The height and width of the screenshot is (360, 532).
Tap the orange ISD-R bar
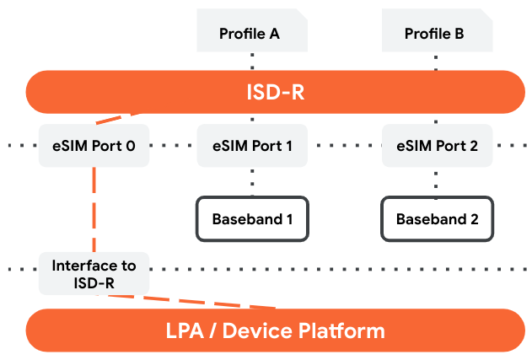tap(275, 92)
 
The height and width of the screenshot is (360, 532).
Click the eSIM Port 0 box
tap(94, 146)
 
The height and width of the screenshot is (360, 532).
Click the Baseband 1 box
tap(252, 218)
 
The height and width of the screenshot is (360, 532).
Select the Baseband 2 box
tap(437, 218)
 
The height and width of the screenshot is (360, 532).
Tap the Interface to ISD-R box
tap(94, 273)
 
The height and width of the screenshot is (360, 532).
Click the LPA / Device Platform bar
tap(275, 330)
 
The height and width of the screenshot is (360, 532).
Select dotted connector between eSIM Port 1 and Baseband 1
tap(251, 181)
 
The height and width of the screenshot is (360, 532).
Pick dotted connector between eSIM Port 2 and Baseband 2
tap(436, 181)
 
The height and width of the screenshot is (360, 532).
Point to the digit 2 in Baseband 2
tap(474, 219)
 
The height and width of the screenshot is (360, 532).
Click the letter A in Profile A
tap(273, 34)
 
